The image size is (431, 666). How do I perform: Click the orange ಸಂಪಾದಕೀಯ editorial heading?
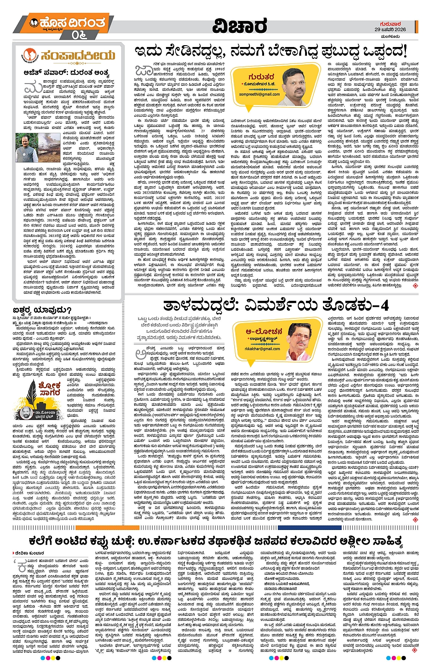click(77, 56)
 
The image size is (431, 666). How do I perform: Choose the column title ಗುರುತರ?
click(261, 77)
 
